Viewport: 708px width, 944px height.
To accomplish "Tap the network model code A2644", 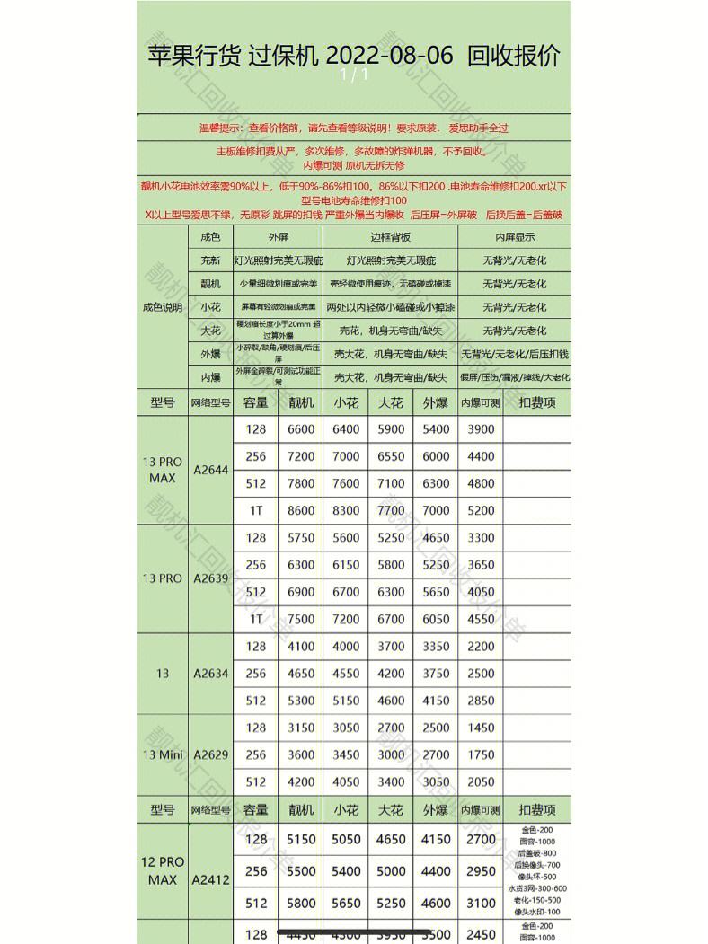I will point(211,470).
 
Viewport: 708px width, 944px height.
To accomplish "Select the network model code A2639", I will point(211,578).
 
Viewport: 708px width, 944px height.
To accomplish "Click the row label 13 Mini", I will point(163,754).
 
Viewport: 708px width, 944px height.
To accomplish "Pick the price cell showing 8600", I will point(301,510).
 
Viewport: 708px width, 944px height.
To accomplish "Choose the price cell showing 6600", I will point(301,429).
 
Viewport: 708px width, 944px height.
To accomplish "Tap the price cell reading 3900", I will point(481,429).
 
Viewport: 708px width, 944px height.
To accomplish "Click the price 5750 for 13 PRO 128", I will point(301,537).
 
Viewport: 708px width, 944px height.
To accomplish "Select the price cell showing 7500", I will point(301,619).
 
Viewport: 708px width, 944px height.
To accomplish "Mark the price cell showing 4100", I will point(301,646).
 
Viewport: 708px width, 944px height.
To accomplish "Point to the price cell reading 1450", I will point(481,728).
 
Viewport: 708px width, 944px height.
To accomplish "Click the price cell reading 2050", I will point(481,781).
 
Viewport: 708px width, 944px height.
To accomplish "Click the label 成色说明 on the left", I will point(163,307).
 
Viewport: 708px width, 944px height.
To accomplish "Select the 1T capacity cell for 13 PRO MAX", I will point(256,510).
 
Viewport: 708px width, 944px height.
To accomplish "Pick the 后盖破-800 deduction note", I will point(538,853).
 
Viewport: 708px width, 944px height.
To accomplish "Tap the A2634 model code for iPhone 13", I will point(211,674).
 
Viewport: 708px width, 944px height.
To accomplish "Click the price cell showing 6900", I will point(301,592).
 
